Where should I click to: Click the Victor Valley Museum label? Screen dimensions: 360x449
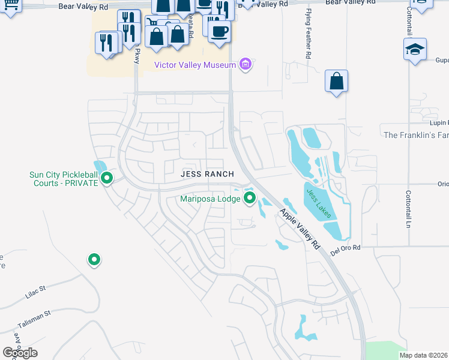tap(195, 65)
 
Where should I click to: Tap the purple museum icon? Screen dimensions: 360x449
tap(244, 64)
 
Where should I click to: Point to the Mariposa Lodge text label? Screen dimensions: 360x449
tap(211, 198)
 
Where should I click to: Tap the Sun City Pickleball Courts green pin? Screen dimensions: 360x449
tap(107, 178)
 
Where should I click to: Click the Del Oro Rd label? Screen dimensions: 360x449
tap(344, 247)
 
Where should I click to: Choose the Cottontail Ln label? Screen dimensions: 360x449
tap(408, 208)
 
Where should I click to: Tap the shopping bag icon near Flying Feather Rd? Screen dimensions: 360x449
tap(337, 80)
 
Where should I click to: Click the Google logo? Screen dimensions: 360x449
tap(20, 352)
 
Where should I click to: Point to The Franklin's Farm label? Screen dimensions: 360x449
tap(416, 135)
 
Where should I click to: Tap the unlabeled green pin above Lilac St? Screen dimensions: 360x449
tap(94, 259)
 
